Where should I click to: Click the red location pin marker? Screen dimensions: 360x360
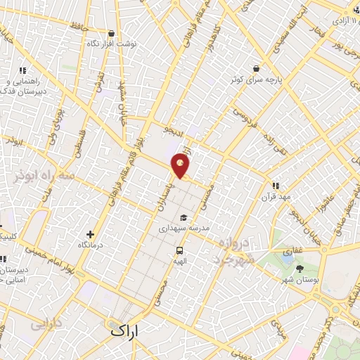point(181,167)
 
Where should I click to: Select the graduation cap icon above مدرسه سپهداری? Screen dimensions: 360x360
point(182,217)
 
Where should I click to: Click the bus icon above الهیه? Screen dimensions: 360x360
point(180,250)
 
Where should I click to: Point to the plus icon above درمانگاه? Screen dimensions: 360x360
point(90,234)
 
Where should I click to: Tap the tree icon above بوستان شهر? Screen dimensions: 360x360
point(301,268)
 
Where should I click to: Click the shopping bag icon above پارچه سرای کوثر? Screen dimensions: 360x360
point(257,68)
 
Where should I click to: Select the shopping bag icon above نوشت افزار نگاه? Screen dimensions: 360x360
point(111,33)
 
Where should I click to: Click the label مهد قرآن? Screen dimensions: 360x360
point(276,198)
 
